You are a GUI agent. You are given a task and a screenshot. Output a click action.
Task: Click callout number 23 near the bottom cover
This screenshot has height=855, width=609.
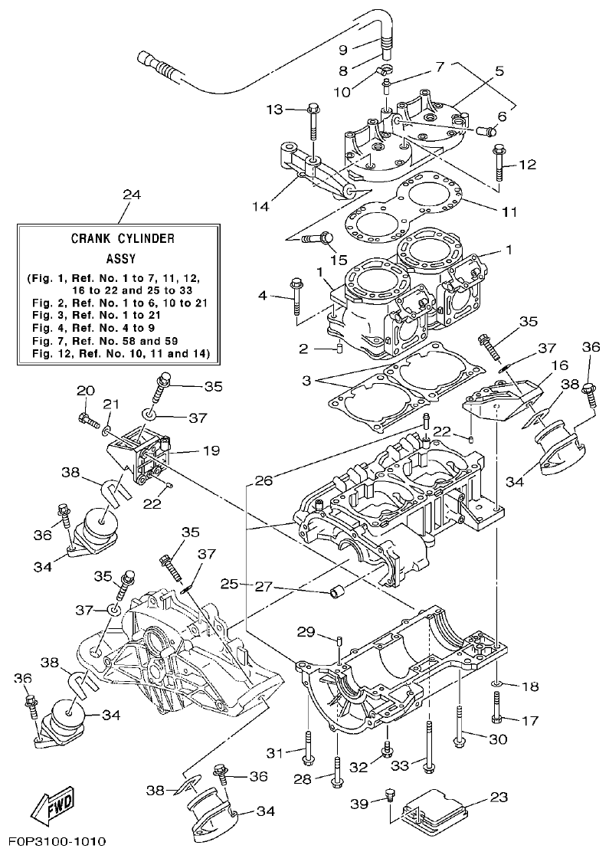(499, 797)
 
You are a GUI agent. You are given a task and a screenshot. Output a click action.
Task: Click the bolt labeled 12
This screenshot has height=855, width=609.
(499, 162)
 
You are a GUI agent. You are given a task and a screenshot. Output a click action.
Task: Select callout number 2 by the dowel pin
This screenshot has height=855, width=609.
(303, 349)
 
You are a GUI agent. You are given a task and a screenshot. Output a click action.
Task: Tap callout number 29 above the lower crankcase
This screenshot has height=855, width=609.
(306, 631)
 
